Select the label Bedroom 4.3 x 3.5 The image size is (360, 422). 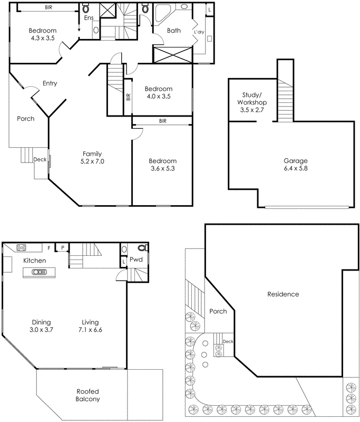42,35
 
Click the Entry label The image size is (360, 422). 50,83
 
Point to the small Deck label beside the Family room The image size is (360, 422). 40,159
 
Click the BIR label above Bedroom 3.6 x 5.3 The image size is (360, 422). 162,121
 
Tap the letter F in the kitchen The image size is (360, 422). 49,247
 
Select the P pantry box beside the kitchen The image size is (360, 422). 62,247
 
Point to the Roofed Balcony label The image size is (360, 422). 87,395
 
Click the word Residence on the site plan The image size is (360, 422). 283,294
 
